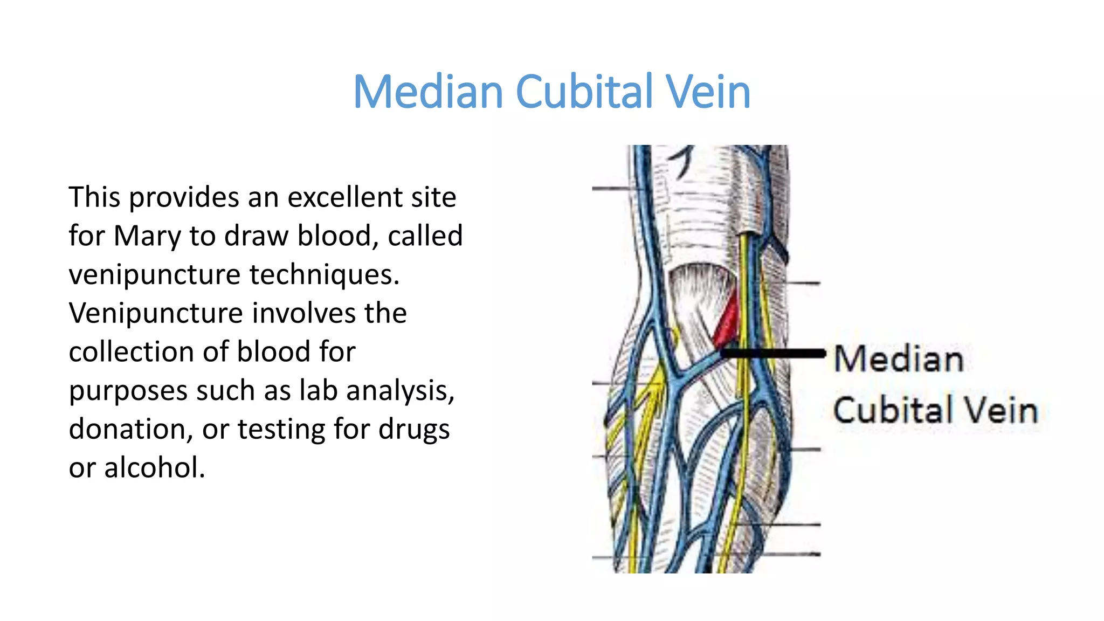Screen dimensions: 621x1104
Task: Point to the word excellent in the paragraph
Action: pyautogui.click(x=345, y=197)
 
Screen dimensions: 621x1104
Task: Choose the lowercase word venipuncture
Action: pyautogui.click(x=154, y=275)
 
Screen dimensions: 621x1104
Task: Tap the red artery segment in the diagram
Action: pyautogui.click(x=726, y=323)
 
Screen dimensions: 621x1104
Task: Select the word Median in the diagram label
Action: pyautogui.click(x=899, y=359)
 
